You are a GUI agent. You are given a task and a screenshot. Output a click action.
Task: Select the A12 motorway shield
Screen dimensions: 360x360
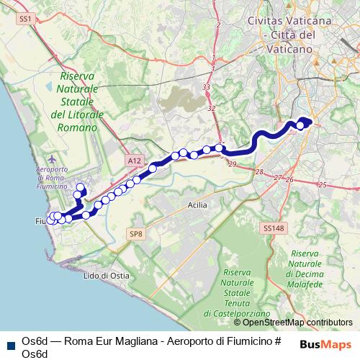pyautogui.click(x=132, y=161)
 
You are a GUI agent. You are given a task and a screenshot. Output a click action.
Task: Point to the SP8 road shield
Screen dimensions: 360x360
pyautogui.click(x=137, y=233)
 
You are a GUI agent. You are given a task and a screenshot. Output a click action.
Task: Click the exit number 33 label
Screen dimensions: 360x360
pyautogui.click(x=207, y=87)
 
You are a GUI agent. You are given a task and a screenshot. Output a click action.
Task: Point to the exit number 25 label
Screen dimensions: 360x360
pyautogui.click(x=323, y=185)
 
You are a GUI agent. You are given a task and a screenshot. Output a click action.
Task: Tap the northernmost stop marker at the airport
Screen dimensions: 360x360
pyautogui.click(x=79, y=188)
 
